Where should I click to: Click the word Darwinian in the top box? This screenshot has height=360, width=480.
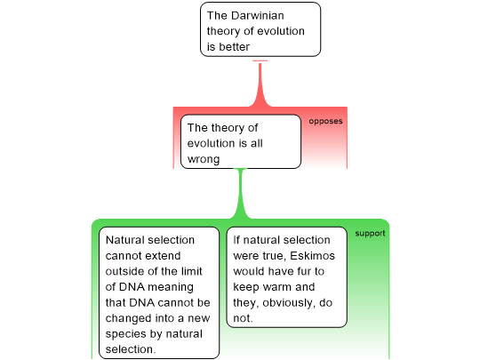[x=258, y=16]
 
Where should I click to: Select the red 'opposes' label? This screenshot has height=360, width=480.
[x=325, y=121]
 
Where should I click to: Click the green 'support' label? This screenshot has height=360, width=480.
[x=370, y=234]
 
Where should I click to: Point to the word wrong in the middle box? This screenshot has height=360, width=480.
[x=204, y=159]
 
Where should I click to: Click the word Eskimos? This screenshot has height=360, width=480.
[x=312, y=256]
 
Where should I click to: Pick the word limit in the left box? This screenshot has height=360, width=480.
[x=190, y=271]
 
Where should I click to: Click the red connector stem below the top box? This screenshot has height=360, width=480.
[x=260, y=84]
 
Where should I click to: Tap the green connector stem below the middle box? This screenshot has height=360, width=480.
[x=241, y=194]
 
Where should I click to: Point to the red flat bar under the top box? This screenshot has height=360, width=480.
[x=260, y=60]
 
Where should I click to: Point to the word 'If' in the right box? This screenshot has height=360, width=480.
[x=236, y=240]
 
